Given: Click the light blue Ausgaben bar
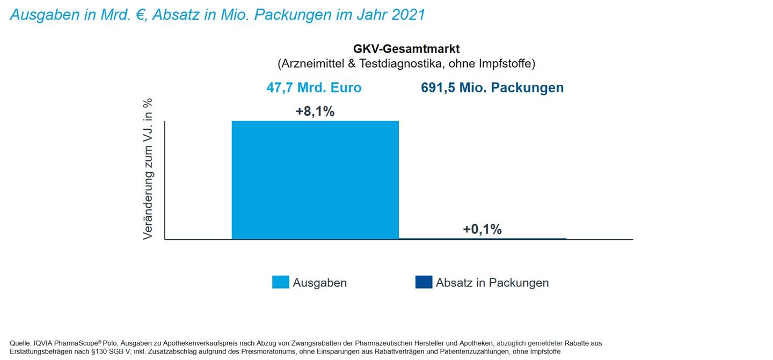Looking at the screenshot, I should pyautogui.click(x=315, y=180).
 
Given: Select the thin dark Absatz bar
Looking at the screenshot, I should pyautogui.click(x=483, y=239).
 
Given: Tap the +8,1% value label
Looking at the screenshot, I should pyautogui.click(x=315, y=112).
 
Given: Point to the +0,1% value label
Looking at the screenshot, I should pyautogui.click(x=482, y=230).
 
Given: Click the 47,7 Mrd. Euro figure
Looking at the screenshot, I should pyautogui.click(x=314, y=87).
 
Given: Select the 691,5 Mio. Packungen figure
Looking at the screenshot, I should pyautogui.click(x=492, y=87).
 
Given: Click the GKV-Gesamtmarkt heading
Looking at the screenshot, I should pyautogui.click(x=406, y=49).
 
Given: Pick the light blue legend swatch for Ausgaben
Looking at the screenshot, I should pyautogui.click(x=280, y=282).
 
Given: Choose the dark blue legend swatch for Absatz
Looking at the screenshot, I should pyautogui.click(x=424, y=282).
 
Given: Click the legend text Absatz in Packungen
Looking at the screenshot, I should pyautogui.click(x=492, y=283).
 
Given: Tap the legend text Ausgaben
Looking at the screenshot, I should pyautogui.click(x=319, y=283).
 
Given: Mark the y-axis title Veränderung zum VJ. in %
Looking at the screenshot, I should pyautogui.click(x=148, y=169).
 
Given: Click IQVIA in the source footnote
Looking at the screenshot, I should pyautogui.click(x=44, y=343).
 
